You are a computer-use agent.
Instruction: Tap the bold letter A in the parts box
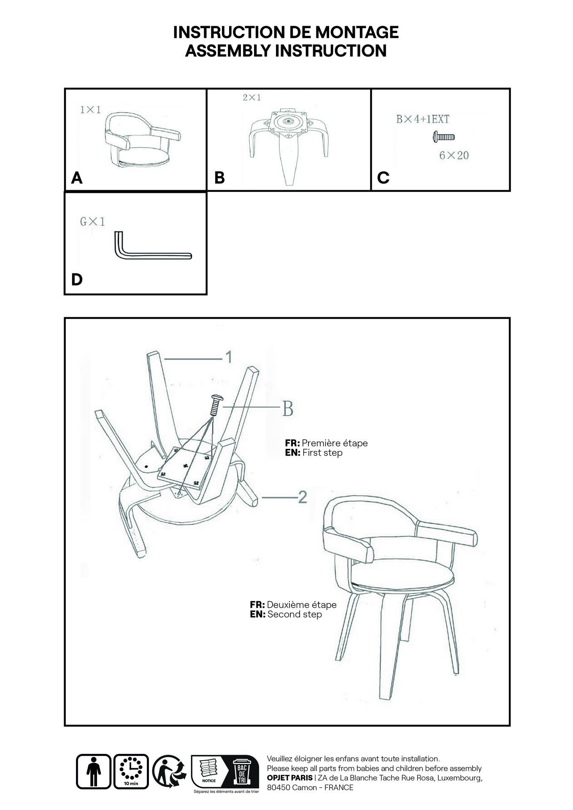pyautogui.click(x=76, y=178)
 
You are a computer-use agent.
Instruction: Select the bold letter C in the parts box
pyautogui.click(x=383, y=178)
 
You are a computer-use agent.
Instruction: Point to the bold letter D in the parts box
pyautogui.click(x=77, y=280)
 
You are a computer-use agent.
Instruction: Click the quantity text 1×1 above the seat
pyautogui.click(x=91, y=110)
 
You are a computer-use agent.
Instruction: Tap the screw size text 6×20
pyautogui.click(x=454, y=156)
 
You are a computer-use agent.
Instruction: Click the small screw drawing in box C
pyautogui.click(x=443, y=137)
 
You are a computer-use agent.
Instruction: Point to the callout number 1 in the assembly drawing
pyautogui.click(x=228, y=357)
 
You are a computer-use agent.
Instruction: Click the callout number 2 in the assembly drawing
pyautogui.click(x=302, y=498)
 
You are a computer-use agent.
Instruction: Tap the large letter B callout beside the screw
pyautogui.click(x=287, y=408)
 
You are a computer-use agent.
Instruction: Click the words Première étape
pyautogui.click(x=335, y=443)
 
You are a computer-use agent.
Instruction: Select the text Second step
pyautogui.click(x=295, y=614)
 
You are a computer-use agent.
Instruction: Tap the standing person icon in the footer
pyautogui.click(x=94, y=771)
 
